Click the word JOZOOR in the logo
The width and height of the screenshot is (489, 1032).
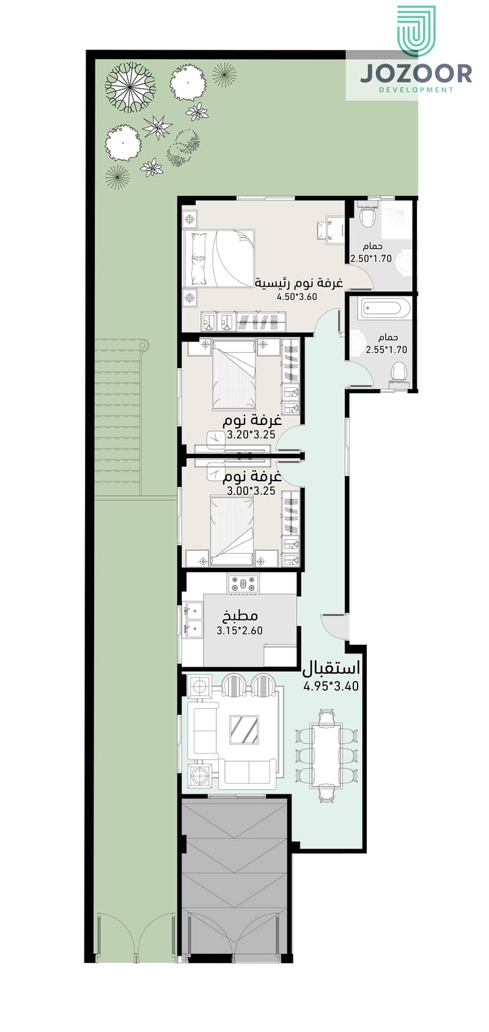coord(416,74)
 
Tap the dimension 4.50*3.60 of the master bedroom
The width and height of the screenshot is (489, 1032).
coord(297,297)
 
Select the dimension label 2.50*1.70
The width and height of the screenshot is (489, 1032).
coord(371,259)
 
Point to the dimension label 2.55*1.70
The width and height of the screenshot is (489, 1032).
coord(387,350)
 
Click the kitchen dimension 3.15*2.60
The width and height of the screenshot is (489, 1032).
coord(240,630)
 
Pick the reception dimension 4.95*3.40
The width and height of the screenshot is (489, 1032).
coord(331,686)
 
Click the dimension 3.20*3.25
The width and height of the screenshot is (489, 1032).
coord(251,435)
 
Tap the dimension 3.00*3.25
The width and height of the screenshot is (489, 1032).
coord(251,491)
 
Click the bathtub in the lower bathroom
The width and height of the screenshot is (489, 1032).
coord(386,308)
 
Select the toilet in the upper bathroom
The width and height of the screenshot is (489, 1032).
coord(367,216)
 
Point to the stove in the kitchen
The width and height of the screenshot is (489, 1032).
coord(243,584)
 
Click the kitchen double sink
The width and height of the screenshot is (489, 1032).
coord(193,619)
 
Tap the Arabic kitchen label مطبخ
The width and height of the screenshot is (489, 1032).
coord(240,616)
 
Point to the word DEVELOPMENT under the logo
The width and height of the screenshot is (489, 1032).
coord(416,90)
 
